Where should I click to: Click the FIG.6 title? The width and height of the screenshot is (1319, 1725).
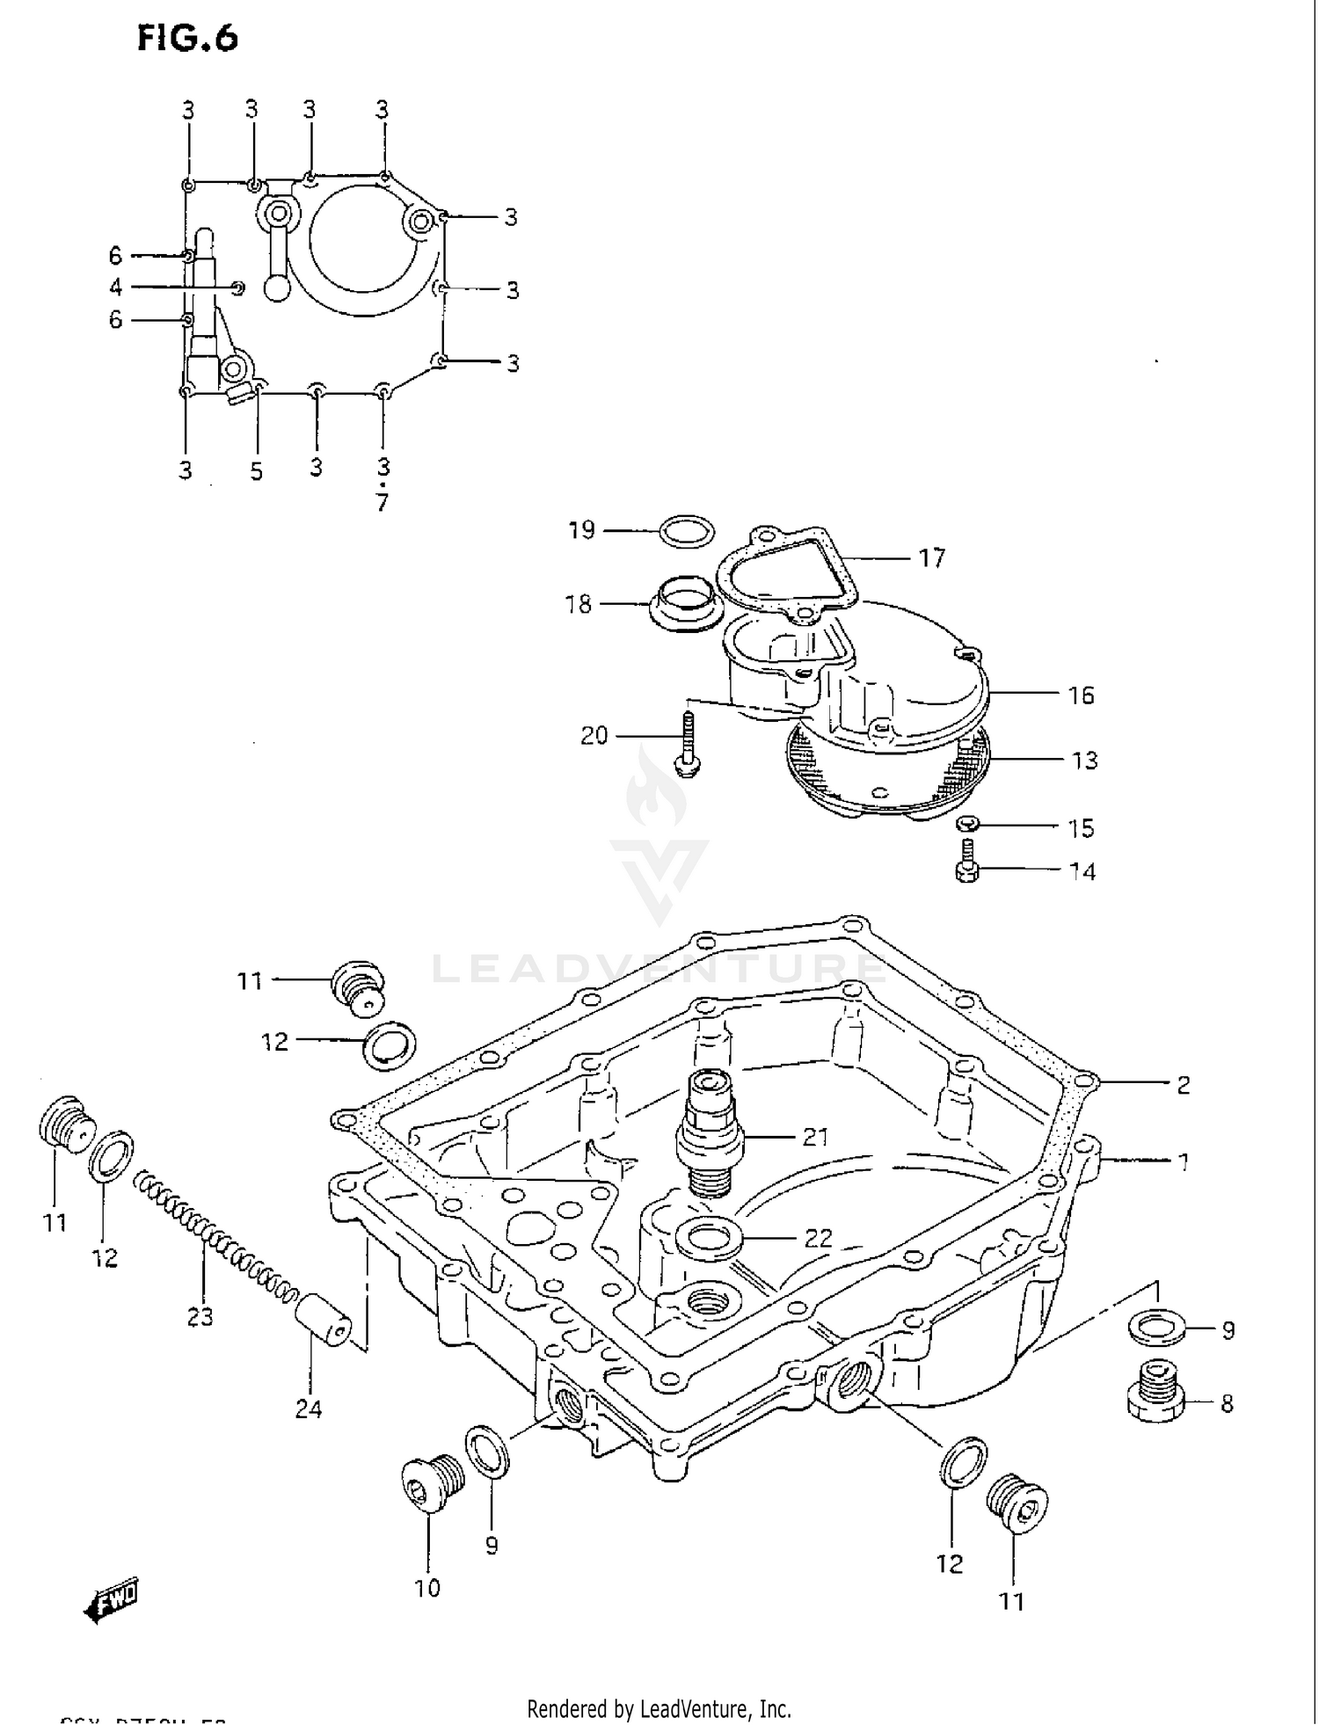pyautogui.click(x=187, y=38)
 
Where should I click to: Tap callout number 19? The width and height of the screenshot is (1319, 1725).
pyautogui.click(x=581, y=530)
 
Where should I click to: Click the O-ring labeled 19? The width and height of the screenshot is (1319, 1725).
pyautogui.click(x=687, y=532)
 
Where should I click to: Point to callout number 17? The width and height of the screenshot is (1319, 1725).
pyautogui.click(x=931, y=558)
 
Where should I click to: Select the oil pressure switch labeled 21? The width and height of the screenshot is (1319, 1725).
pyautogui.click(x=710, y=1133)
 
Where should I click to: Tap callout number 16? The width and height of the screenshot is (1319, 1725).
pyautogui.click(x=1081, y=695)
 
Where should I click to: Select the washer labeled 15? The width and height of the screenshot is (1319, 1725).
pyautogui.click(x=968, y=824)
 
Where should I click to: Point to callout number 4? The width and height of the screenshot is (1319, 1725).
pyautogui.click(x=115, y=287)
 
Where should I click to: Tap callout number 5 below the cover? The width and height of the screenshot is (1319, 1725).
pyautogui.click(x=256, y=472)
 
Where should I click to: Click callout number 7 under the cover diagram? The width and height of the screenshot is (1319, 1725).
pyautogui.click(x=382, y=503)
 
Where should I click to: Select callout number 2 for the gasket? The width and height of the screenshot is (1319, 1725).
pyautogui.click(x=1183, y=1085)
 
